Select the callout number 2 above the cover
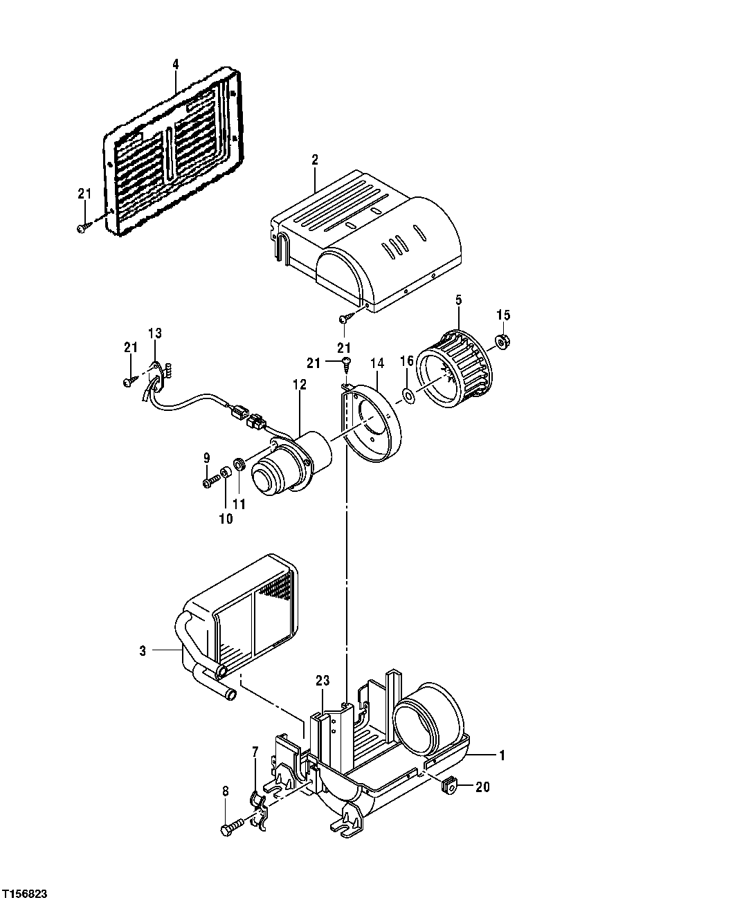pos(315,159)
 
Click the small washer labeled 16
pos(408,396)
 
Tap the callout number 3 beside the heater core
pos(142,650)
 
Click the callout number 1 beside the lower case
pos(502,755)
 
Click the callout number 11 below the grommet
pos(239,504)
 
